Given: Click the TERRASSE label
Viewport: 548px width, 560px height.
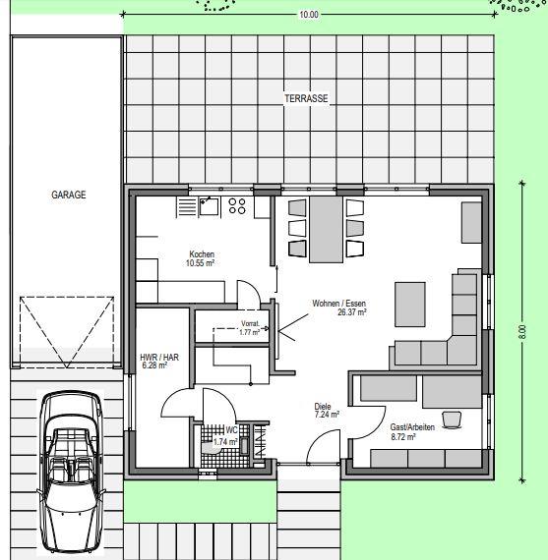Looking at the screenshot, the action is [306, 98].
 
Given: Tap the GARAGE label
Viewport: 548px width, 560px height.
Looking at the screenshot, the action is [69, 195].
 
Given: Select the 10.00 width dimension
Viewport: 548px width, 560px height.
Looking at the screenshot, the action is [309, 15].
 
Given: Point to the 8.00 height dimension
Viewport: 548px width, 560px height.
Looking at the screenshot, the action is [522, 332].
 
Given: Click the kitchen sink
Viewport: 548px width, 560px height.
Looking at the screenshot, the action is [209, 206].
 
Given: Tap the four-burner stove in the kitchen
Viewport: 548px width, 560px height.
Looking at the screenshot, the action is [237, 206].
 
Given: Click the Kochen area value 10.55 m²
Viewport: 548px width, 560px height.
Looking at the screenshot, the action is [200, 263].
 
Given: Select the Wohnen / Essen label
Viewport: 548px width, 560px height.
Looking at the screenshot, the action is [339, 304].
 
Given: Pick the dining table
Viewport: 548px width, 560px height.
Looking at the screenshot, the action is [326, 229].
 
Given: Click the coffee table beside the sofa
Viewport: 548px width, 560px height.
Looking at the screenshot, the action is [410, 305].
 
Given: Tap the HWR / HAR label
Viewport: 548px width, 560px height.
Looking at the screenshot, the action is [159, 358].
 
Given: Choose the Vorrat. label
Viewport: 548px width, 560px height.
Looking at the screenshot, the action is [250, 323].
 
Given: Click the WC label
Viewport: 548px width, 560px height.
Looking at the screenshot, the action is [231, 429].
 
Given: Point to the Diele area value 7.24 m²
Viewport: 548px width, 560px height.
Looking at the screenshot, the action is [327, 415].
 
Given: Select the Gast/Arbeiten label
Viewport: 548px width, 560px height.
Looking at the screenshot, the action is [412, 427].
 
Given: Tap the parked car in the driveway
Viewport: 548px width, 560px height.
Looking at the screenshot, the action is [72, 473].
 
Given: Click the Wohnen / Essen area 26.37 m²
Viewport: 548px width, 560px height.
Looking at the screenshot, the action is [352, 312].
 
